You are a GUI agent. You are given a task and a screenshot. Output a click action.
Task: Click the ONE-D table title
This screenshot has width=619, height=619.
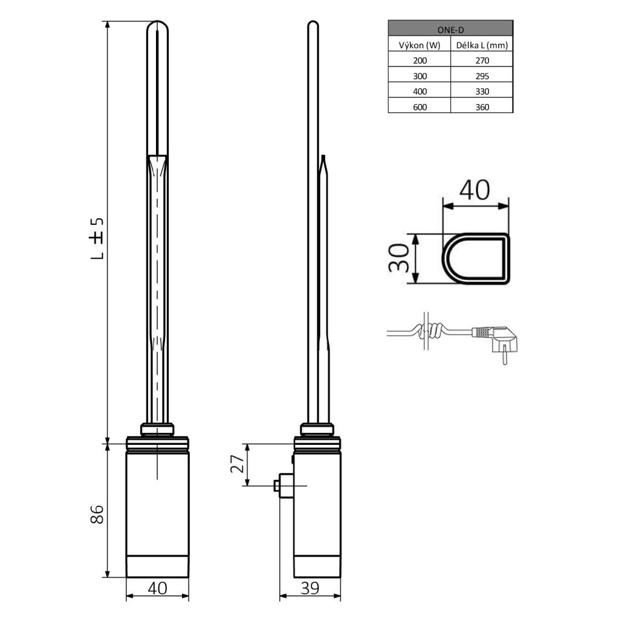450,28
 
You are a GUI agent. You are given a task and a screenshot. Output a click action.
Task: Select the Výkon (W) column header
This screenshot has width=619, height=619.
419,45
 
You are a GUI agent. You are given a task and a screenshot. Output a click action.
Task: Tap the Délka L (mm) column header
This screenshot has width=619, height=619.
482,45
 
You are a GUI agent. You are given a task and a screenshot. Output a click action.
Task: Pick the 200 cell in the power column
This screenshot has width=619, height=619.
419,60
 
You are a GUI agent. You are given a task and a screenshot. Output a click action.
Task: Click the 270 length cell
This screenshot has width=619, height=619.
482,60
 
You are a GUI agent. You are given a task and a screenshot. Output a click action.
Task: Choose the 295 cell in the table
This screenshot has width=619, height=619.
482,76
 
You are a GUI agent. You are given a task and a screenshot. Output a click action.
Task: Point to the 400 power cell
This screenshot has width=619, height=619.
419,91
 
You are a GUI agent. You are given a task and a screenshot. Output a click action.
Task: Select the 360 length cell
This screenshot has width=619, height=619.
482,107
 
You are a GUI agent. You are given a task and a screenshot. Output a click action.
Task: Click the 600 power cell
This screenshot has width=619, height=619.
419,107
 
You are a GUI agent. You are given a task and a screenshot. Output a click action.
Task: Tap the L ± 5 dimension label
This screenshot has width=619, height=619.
97,238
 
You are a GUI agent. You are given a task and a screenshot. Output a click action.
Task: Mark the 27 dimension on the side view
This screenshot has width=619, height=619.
237,464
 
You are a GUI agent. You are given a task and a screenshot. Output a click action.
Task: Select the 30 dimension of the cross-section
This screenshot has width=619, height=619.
397,259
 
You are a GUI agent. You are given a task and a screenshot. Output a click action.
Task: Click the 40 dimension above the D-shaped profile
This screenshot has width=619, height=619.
474,190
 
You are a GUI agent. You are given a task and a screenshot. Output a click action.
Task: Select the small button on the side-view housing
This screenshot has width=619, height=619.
276,485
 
